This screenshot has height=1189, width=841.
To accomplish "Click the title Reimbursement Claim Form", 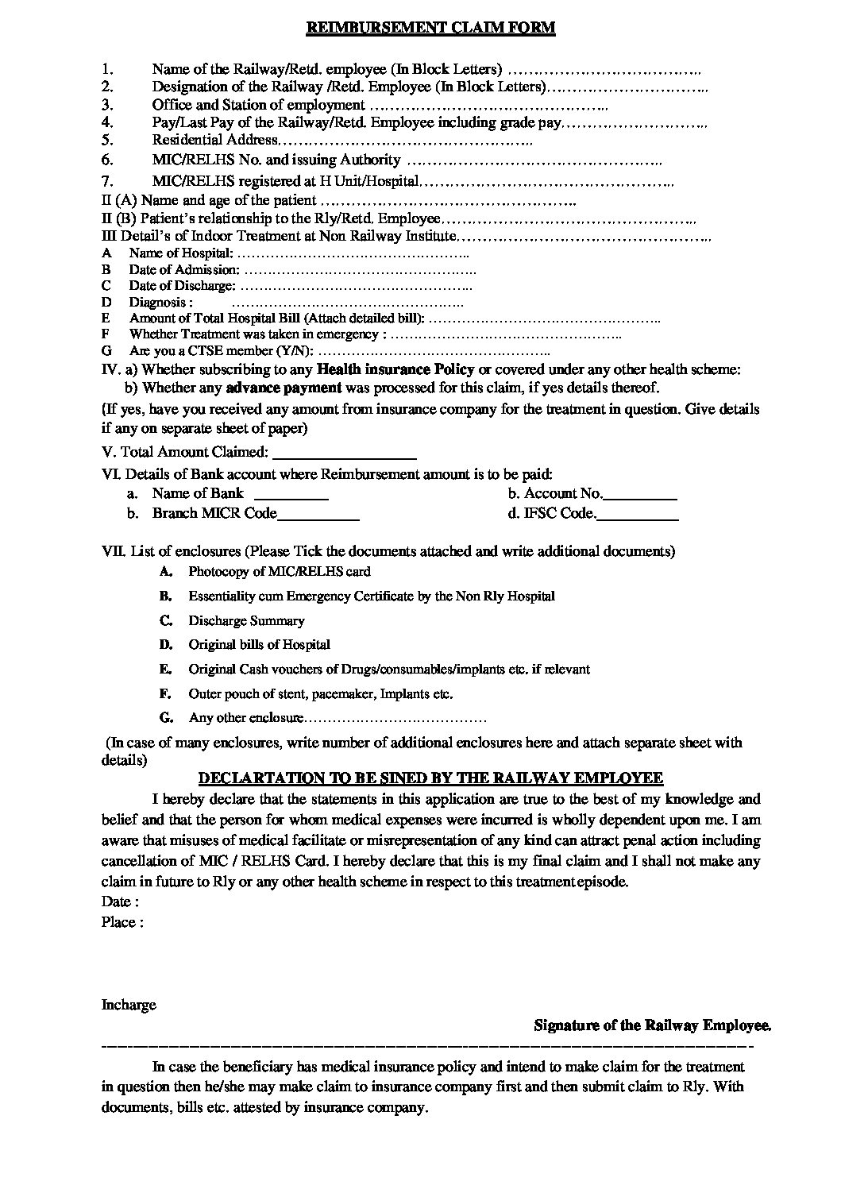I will point(430,28).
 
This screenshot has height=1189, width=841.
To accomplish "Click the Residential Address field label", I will point(214,140).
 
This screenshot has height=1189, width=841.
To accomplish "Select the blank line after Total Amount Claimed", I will point(344,454).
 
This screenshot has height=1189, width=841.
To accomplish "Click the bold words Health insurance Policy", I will point(395,369).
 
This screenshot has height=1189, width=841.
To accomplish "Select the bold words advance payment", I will point(284,388).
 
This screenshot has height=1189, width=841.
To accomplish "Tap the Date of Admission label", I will point(183,270).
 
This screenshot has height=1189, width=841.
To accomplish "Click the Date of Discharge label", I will point(182,286).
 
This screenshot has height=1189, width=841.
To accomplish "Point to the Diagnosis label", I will point(160,303).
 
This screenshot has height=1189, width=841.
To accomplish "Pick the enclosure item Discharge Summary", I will point(246,621).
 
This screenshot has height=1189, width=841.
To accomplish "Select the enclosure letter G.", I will point(166,718).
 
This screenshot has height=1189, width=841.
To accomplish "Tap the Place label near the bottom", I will point(122,922).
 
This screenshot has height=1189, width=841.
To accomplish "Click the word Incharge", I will point(129,1005).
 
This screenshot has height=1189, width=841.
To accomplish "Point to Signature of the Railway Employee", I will point(652,1025).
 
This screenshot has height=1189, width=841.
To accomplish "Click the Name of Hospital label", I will point(181,253).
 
